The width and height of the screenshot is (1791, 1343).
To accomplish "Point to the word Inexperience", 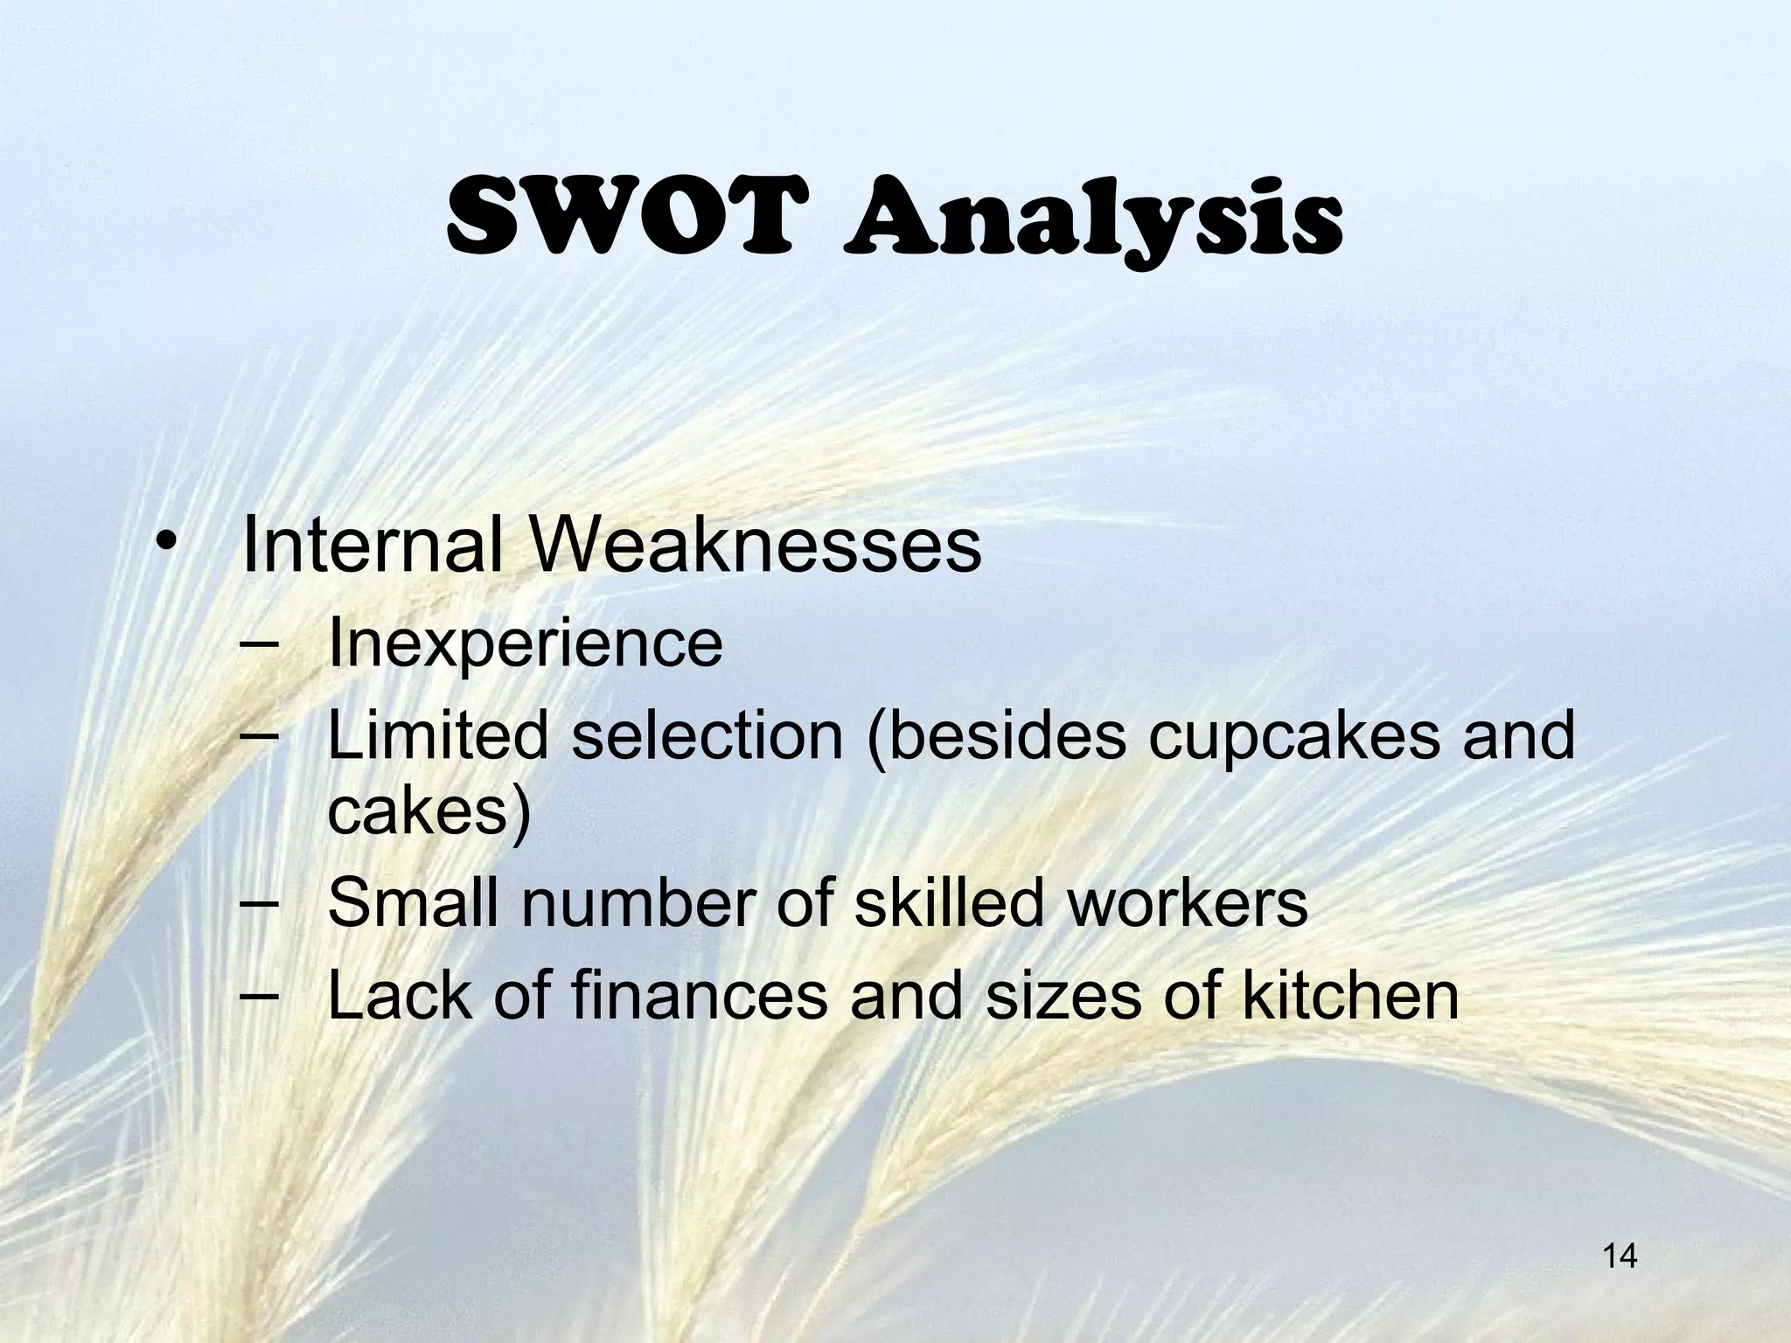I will point(525,644).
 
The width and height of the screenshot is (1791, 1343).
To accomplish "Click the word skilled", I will point(948,902).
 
